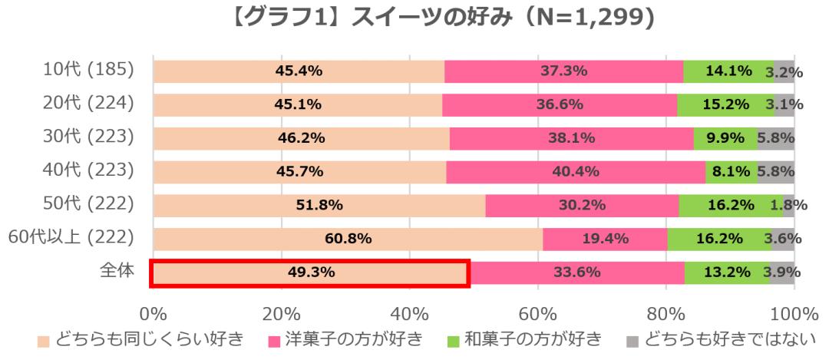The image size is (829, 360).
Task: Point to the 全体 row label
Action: click(x=117, y=272)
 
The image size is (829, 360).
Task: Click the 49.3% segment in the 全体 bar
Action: click(x=309, y=272)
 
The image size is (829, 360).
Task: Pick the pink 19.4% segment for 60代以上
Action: click(x=605, y=239)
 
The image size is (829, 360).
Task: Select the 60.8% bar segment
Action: click(x=348, y=239)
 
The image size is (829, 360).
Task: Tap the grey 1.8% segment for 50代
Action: click(x=788, y=205)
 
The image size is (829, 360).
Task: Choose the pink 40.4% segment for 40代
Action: click(x=576, y=171)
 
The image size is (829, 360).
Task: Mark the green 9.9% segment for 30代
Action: click(x=725, y=138)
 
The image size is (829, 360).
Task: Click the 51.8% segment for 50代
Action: click(x=319, y=205)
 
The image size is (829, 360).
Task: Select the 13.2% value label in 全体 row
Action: click(x=725, y=272)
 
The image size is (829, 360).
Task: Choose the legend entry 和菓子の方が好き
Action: click(x=527, y=339)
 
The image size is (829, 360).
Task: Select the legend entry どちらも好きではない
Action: click(x=719, y=339)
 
